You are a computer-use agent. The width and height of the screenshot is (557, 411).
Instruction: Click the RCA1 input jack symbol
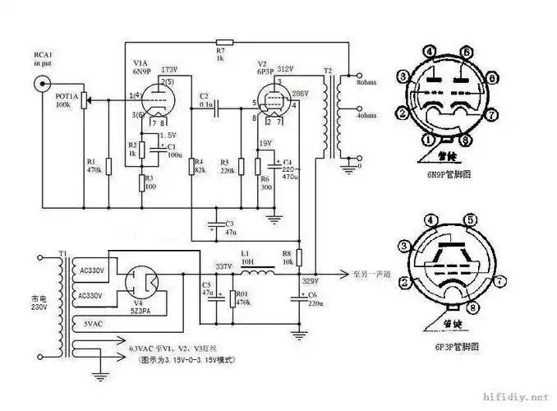point(42,84)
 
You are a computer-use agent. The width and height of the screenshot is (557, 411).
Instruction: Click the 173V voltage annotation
point(170,69)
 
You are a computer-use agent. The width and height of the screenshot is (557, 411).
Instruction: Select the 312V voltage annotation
point(286,69)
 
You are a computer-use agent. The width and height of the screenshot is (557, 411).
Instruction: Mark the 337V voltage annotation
point(223,266)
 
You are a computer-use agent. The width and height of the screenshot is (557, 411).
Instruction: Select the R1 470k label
point(94,165)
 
